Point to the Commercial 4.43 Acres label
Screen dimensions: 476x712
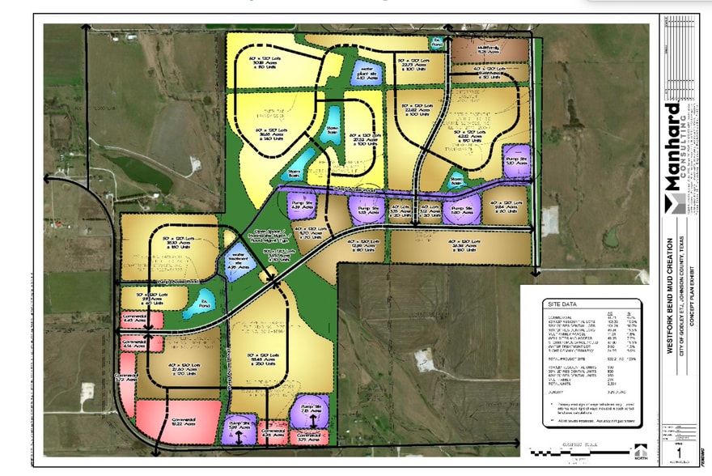[x=133, y=321]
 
